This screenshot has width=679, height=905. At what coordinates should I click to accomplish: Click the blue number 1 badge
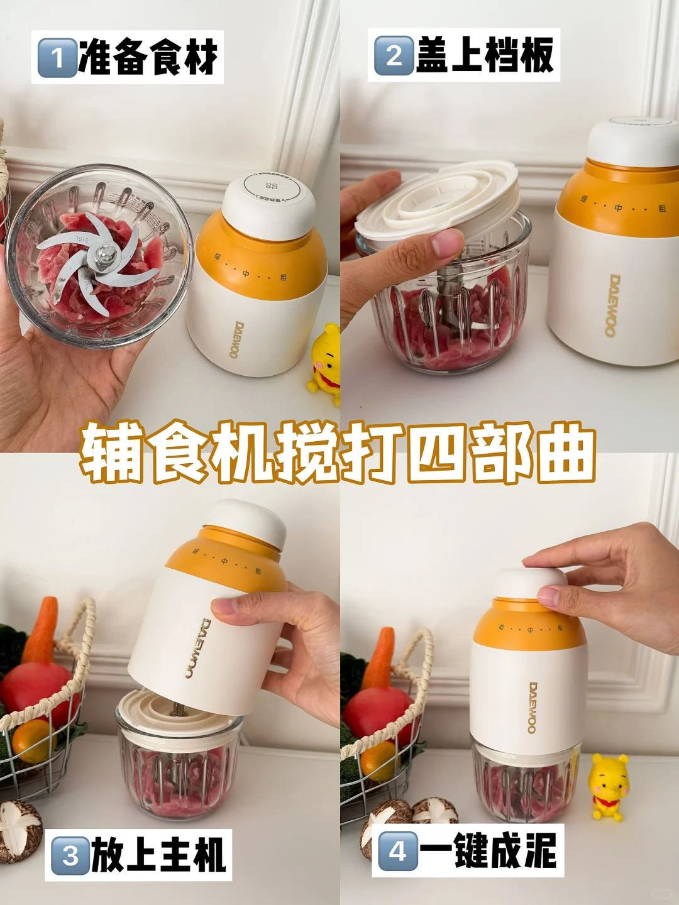point(57,58)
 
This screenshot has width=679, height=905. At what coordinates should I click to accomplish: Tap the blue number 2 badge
point(394,55)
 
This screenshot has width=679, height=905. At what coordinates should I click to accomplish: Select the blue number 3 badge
point(70,855)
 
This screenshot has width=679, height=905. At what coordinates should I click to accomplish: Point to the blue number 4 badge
point(397,851)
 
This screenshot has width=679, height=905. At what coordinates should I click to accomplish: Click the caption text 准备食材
point(148,57)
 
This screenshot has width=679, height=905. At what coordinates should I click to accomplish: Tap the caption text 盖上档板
point(485,55)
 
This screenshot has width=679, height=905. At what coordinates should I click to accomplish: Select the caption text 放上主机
point(158,855)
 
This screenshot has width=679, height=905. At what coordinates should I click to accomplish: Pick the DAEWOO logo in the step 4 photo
point(533,708)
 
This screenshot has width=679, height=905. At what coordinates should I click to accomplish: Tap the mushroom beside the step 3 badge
point(19,830)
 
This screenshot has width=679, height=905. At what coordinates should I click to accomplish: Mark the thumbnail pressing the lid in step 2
point(448,242)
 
